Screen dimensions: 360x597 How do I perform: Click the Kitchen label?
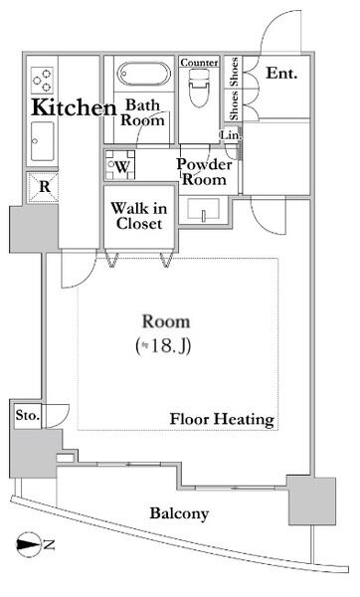point(74,107)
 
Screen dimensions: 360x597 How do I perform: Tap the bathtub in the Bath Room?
point(143,74)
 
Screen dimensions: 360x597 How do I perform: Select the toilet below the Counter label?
point(199,88)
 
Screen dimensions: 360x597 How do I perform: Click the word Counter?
point(199,63)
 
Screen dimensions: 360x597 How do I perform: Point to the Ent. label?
point(281,73)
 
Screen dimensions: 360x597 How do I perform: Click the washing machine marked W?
point(120,165)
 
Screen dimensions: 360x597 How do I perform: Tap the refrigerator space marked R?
point(44,187)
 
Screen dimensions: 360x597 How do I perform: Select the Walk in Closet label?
point(139,216)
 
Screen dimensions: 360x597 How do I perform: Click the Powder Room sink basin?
point(203,209)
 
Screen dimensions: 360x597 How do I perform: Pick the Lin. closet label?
point(231,134)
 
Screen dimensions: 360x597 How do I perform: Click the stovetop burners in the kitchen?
point(42,80)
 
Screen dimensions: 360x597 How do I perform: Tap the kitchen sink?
point(42,141)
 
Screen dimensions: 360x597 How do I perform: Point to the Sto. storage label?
point(28,415)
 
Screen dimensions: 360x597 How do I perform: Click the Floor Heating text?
point(222,419)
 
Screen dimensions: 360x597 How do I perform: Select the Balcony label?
point(179,513)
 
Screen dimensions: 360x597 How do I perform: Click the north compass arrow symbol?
point(29,545)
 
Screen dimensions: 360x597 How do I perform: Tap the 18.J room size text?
point(163,345)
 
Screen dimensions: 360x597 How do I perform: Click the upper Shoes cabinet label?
point(235,73)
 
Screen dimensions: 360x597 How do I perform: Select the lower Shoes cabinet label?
point(235,105)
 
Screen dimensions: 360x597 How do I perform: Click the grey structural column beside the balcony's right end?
point(312,500)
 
